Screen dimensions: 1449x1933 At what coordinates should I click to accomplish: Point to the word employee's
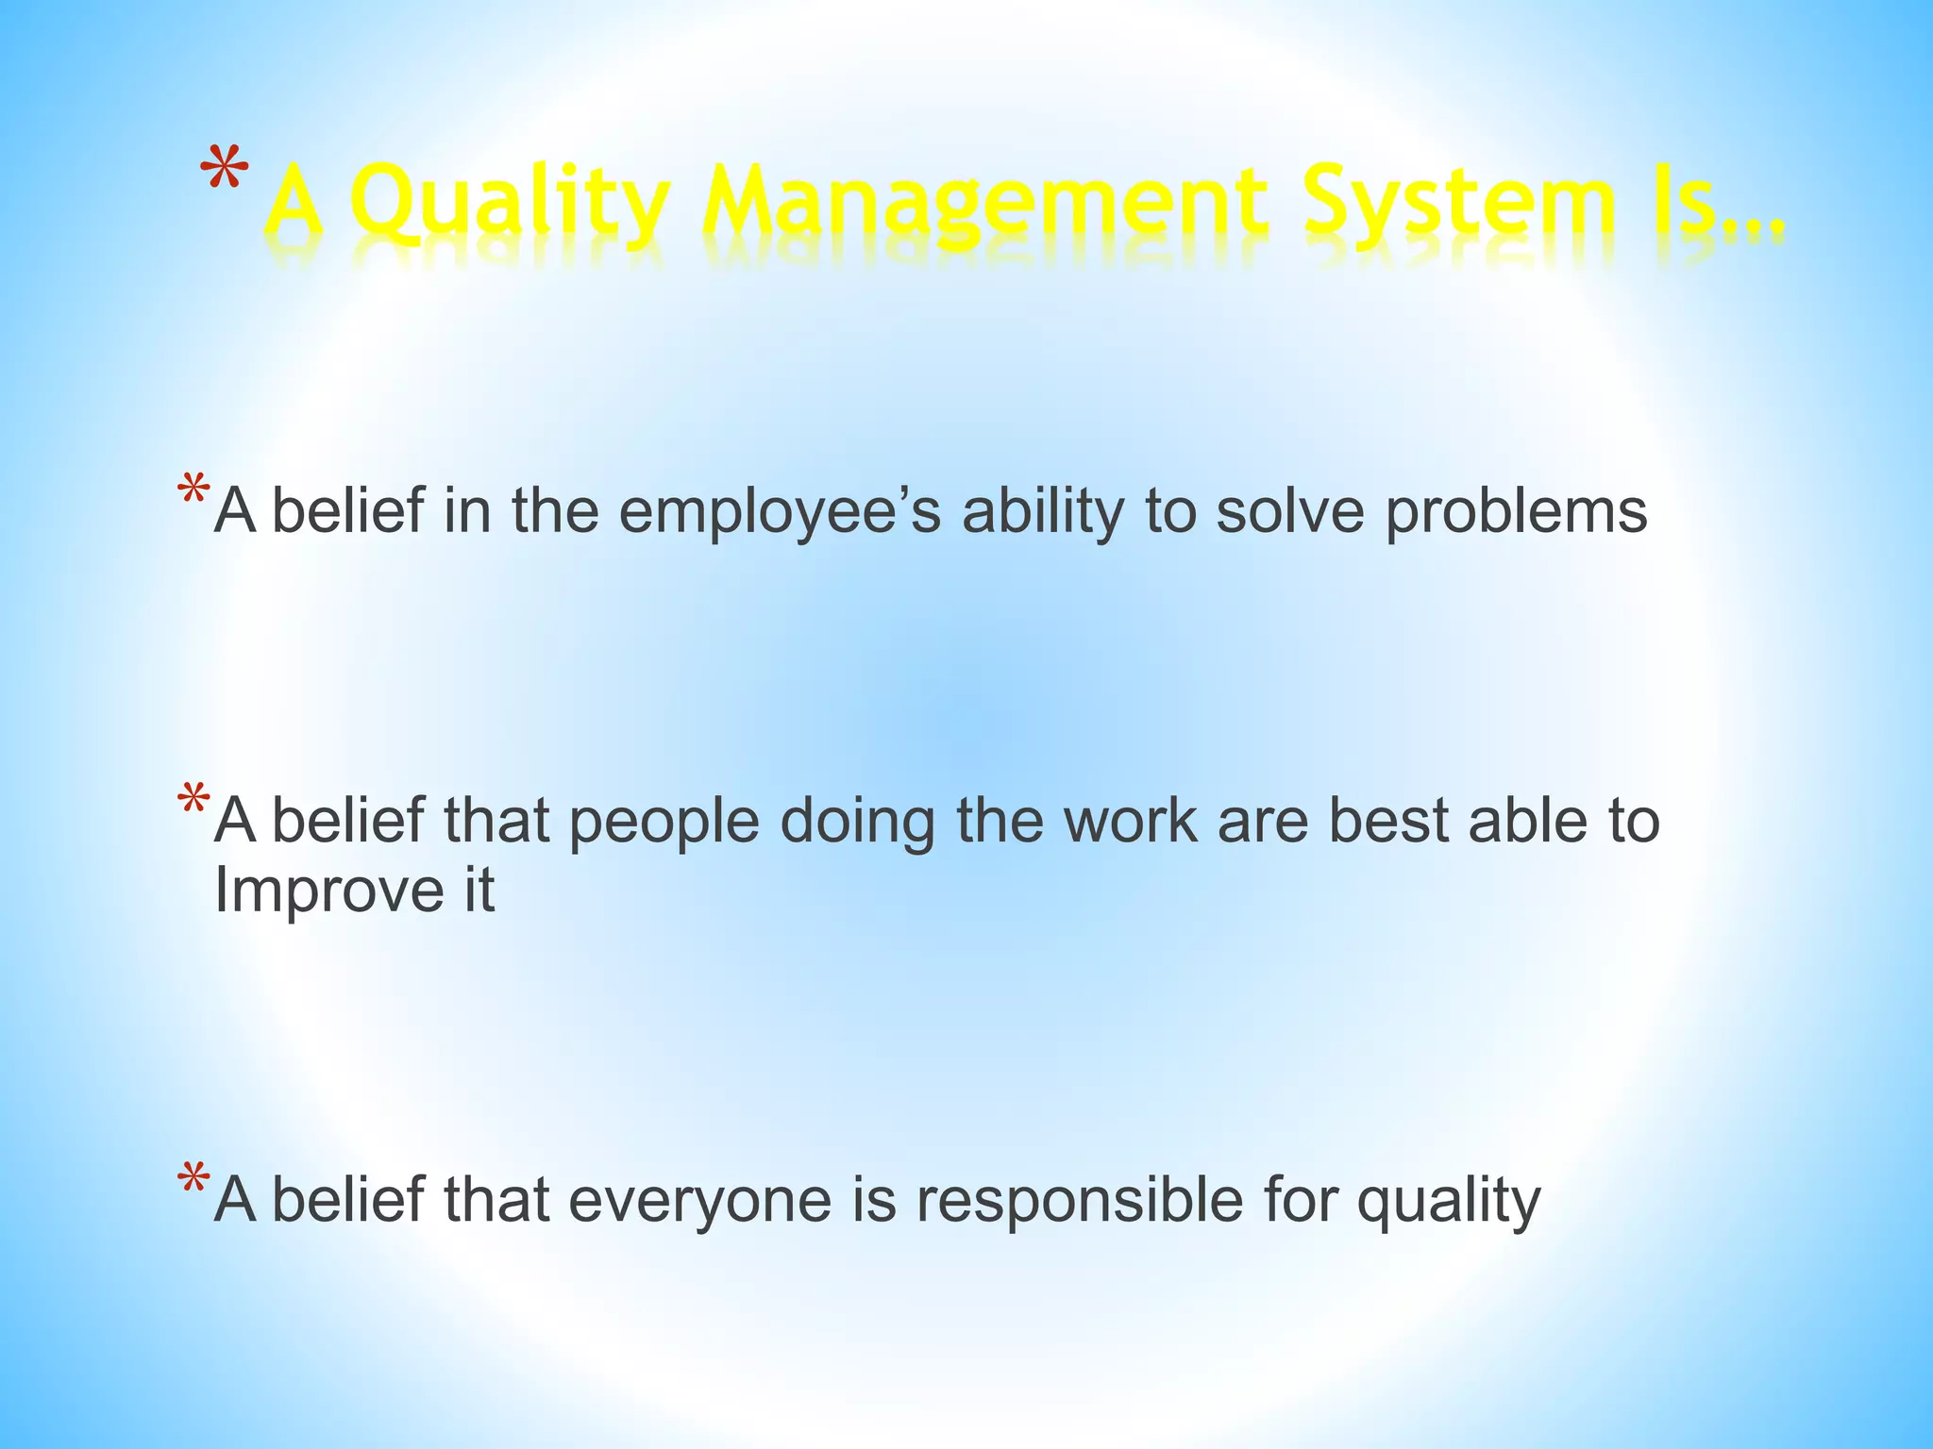point(780,511)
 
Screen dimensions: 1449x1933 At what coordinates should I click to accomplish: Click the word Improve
point(328,891)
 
